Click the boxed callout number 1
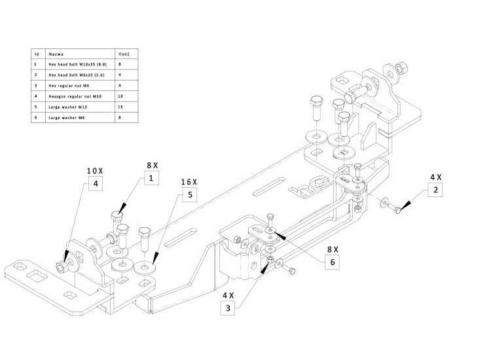tap(151, 178)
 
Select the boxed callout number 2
tap(436, 191)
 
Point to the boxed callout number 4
tap(95, 184)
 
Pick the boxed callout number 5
tap(190, 194)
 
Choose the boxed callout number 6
tap(332, 262)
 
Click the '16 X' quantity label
tap(189, 181)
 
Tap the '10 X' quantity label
tap(96, 170)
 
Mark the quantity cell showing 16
tap(119, 107)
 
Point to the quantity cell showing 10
tap(119, 96)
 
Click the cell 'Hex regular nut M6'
tap(65, 86)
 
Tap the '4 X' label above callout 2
tap(435, 177)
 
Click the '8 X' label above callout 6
tap(333, 249)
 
